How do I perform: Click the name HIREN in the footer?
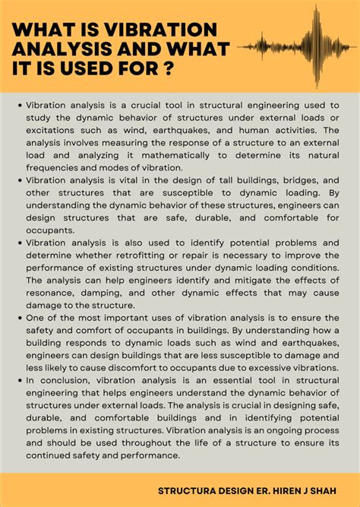point(288,490)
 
